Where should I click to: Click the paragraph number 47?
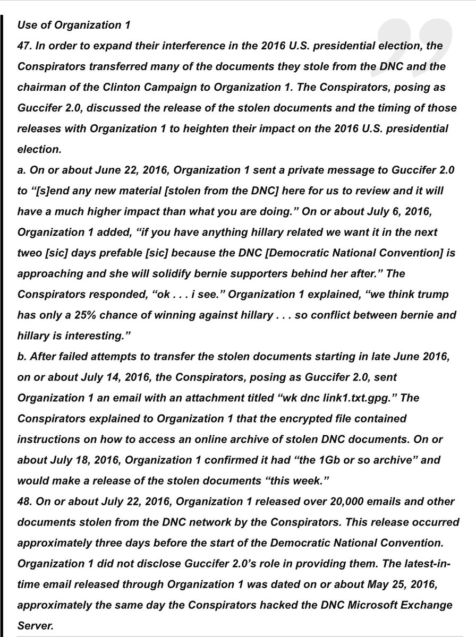24,46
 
